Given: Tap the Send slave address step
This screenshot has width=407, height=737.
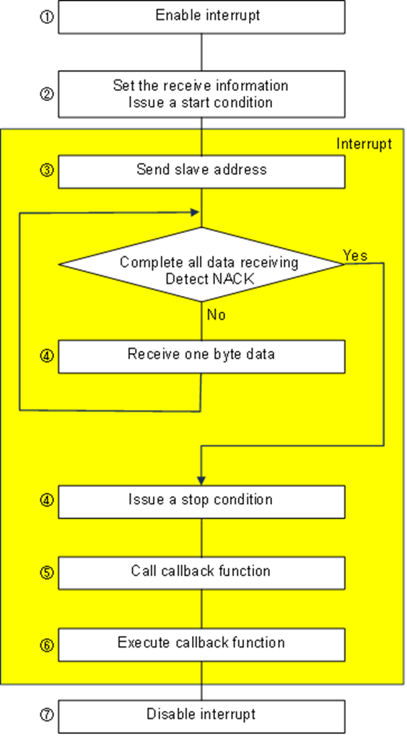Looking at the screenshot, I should click(201, 170).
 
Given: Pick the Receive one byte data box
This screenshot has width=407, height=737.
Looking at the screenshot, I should click(201, 356).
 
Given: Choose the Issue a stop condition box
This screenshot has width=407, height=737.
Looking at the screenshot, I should click(201, 500).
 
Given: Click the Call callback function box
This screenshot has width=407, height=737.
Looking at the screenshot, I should click(201, 572).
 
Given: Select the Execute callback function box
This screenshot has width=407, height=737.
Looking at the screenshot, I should click(201, 643).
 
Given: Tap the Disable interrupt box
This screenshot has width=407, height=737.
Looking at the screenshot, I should click(201, 715).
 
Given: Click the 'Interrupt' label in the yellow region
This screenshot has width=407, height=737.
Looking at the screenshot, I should click(364, 144).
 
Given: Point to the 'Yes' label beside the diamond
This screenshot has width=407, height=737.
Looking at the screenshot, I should click(355, 256).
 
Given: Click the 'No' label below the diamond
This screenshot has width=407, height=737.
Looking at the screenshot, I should click(216, 315).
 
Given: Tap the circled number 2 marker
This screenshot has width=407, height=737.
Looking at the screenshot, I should click(46, 94).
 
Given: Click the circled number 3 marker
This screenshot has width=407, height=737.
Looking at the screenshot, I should click(46, 171).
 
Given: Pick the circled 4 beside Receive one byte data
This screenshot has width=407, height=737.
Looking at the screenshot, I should click(46, 356).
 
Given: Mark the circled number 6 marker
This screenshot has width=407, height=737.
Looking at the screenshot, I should click(46, 644).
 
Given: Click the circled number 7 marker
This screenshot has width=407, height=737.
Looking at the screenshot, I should click(46, 715).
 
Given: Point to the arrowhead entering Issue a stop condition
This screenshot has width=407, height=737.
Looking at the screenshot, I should click(201, 480).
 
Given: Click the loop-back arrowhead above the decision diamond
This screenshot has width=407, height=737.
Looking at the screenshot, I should click(196, 212).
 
